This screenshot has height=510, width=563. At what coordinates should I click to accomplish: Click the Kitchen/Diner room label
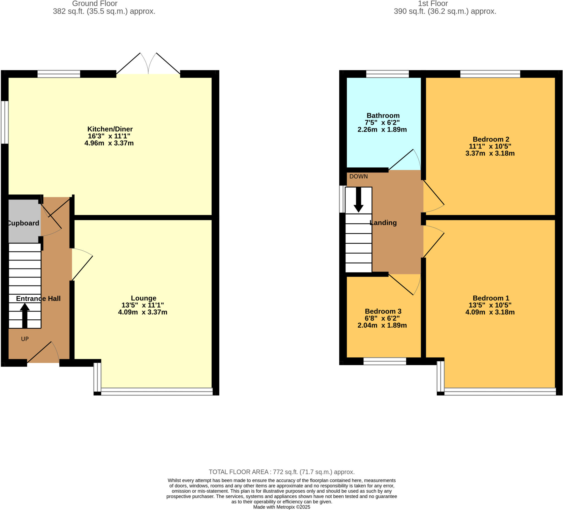110,129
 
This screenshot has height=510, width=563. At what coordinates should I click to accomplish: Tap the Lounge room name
143,298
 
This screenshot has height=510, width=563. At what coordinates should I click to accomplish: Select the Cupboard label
23,223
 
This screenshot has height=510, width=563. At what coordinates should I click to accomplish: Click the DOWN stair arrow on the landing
358,200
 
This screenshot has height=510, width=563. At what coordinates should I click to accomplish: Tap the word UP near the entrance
25,339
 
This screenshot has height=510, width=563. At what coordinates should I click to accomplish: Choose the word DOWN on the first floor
358,177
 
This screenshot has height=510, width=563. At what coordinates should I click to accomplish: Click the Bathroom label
383,116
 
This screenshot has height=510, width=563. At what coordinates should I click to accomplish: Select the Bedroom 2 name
491,139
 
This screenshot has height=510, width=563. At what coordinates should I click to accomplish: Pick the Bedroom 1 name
491,298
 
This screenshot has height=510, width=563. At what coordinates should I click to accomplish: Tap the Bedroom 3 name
383,311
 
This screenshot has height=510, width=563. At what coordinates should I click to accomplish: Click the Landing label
383,223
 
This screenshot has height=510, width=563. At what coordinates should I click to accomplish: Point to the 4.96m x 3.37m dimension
109,143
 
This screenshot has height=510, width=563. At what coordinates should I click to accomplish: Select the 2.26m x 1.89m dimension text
382,130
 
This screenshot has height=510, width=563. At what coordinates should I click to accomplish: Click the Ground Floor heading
95,4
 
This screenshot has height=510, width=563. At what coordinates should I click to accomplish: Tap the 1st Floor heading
433,4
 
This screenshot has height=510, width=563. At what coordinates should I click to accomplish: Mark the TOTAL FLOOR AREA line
281,472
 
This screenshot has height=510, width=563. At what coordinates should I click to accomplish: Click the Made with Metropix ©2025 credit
281,507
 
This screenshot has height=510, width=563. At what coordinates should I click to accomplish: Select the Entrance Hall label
38,298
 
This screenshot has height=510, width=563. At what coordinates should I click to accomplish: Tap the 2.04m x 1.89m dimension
382,325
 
